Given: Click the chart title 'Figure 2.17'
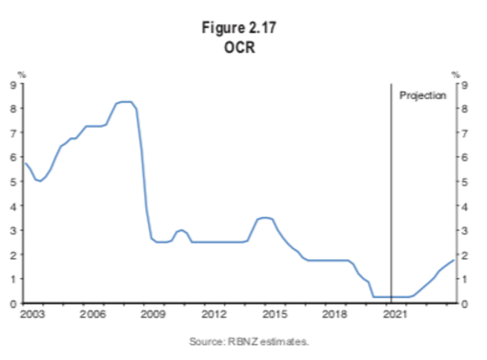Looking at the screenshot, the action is pos(239,28).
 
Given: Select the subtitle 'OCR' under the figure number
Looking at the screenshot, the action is pos(239,48).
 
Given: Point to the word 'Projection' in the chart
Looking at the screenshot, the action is pos(423,95).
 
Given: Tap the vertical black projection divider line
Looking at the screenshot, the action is pos(391,193).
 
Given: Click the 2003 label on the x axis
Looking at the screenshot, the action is pos(32,314).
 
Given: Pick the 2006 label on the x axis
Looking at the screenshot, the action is pos(92,314).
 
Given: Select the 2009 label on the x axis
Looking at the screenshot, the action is pos(153,314).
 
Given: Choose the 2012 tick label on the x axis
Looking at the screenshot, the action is pos(213,314).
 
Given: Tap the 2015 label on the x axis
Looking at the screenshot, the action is pos(274,314).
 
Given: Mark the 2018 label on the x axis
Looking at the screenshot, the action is pos(334,314).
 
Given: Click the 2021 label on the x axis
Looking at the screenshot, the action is pos(395,314).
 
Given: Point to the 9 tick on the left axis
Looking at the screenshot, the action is pos(13,85).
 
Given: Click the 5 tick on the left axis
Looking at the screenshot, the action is pos(13,181).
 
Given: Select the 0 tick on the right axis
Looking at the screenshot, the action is pos(465,304).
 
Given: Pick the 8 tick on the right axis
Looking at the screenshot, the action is pos(465,109).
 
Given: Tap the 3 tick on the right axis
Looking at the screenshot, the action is pos(465,230).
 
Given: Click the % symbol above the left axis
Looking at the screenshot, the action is pos(22,75).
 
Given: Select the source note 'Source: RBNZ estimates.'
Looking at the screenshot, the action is pos(249,342).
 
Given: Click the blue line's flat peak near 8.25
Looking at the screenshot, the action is pos(125,102).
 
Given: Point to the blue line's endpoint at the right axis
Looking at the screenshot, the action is pos(454,260).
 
